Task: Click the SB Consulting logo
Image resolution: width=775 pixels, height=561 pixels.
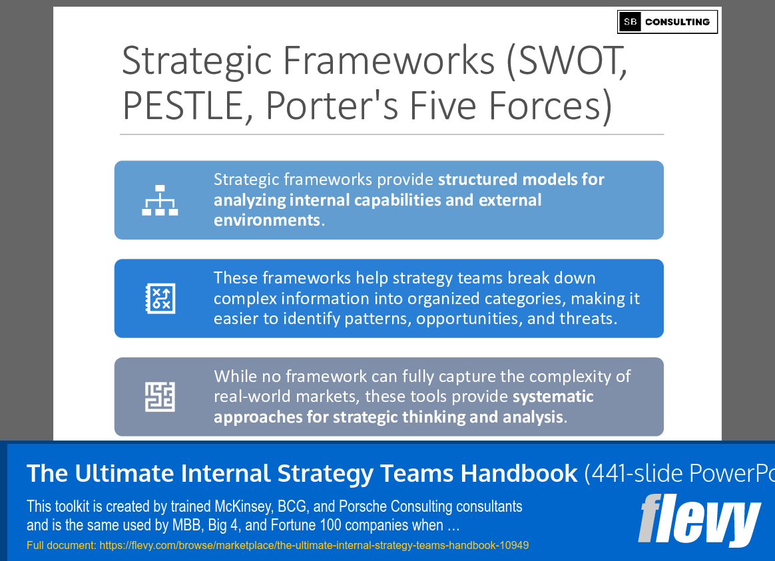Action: (667, 22)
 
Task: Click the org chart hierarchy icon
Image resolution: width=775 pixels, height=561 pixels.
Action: (160, 200)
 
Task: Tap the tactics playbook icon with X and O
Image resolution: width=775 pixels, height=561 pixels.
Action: (160, 298)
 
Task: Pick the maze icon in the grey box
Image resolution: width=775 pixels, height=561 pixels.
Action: (160, 397)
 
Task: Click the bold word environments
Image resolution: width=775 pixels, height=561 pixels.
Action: (266, 220)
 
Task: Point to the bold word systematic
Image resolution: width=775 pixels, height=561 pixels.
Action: (553, 397)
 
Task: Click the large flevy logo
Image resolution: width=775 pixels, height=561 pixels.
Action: (699, 520)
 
